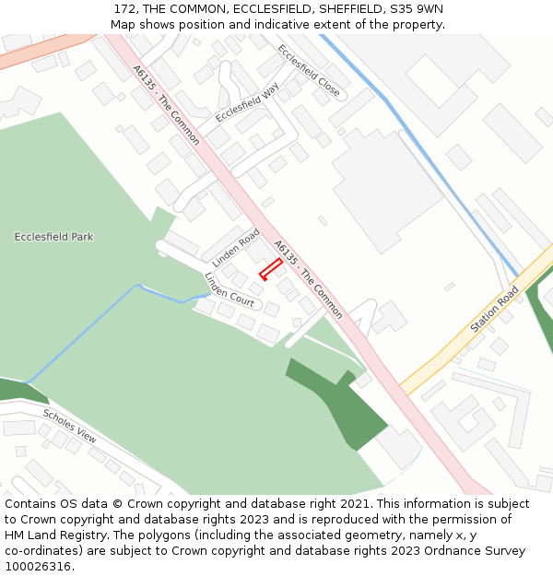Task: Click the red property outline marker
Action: (270, 269)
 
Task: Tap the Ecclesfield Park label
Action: (53, 237)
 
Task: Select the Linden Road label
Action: (236, 248)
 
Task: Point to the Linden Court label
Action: (229, 289)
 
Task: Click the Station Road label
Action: (495, 310)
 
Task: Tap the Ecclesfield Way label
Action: (247, 102)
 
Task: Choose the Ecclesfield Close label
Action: (309, 72)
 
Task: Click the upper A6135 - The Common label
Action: (166, 104)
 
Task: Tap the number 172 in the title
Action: (126, 8)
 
